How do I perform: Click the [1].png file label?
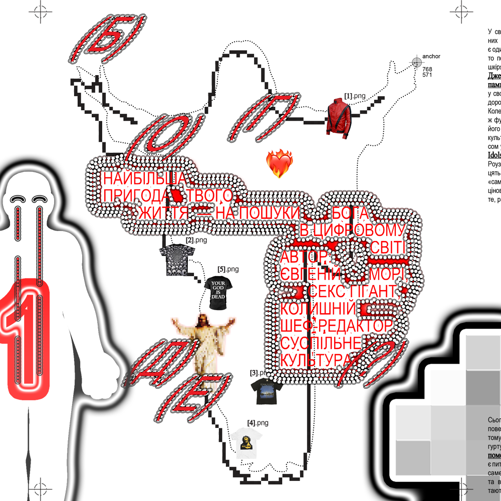(x=355, y=95)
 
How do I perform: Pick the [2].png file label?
(x=196, y=240)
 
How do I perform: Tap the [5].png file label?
(x=228, y=270)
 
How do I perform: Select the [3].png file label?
(x=261, y=373)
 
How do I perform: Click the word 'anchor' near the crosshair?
(x=431, y=57)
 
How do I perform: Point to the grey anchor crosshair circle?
(x=416, y=62)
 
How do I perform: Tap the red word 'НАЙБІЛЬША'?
(x=145, y=179)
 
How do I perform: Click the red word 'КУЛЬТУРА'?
(x=316, y=360)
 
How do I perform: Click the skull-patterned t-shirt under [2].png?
(x=174, y=261)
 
